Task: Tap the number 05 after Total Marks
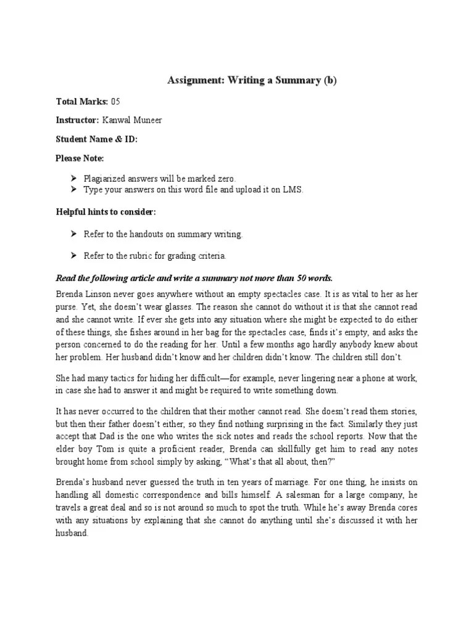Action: [115, 101]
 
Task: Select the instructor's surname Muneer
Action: [148, 120]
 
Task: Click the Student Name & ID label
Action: [96, 139]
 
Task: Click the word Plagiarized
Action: [105, 179]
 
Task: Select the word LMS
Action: [294, 190]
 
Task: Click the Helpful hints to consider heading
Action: [106, 212]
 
